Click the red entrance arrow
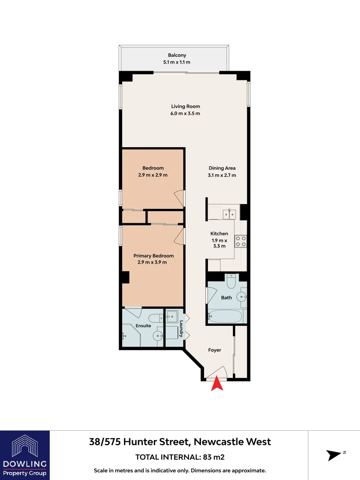click(x=217, y=384)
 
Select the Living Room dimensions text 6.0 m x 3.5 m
click(x=186, y=113)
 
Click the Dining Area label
click(x=222, y=168)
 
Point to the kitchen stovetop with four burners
click(x=241, y=241)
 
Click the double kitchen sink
click(x=229, y=214)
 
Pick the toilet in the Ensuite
click(x=156, y=318)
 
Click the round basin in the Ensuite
click(x=158, y=336)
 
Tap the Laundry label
click(x=181, y=331)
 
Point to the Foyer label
click(x=215, y=350)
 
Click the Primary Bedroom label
click(x=153, y=256)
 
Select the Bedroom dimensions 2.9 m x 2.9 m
click(x=153, y=175)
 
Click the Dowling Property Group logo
click(x=25, y=455)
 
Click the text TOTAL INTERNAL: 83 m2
click(x=180, y=457)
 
